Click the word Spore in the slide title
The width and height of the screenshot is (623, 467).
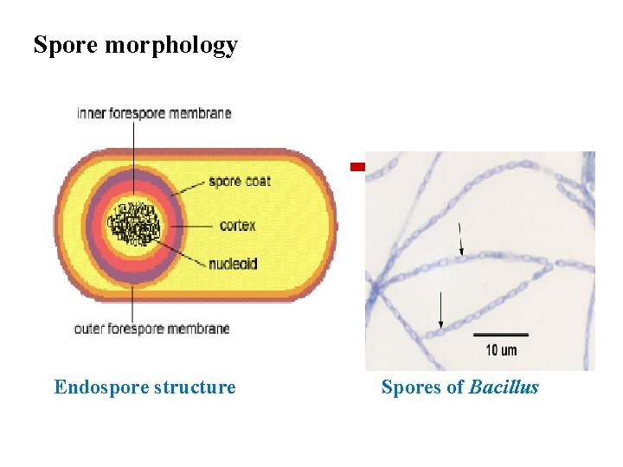[66, 45]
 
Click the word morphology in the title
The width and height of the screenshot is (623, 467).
[170, 46]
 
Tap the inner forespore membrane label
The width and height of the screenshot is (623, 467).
[154, 113]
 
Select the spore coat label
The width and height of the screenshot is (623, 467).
[239, 182]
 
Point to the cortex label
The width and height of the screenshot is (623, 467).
[237, 226]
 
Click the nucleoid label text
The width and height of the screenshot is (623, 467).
[232, 264]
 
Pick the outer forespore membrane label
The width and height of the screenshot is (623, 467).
[151, 329]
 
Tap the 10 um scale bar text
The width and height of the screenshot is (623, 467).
[501, 350]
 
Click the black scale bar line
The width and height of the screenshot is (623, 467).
[501, 335]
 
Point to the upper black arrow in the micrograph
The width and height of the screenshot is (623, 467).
[460, 240]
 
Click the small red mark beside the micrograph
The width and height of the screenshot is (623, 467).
[357, 165]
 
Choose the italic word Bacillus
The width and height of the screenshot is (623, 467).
[504, 387]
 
